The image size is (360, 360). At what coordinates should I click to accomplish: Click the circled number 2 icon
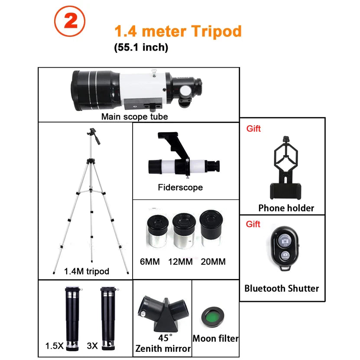coord(70,23)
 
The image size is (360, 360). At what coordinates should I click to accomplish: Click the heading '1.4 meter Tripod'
coord(178,31)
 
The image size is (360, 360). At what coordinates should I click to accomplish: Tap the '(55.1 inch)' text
coord(140,48)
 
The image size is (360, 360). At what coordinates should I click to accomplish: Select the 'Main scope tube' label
coord(134,117)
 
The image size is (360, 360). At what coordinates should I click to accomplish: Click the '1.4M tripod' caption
coord(87,271)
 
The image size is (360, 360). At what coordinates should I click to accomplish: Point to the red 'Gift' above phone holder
coord(253,129)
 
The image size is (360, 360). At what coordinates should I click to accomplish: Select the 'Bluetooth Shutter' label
coord(282,288)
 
